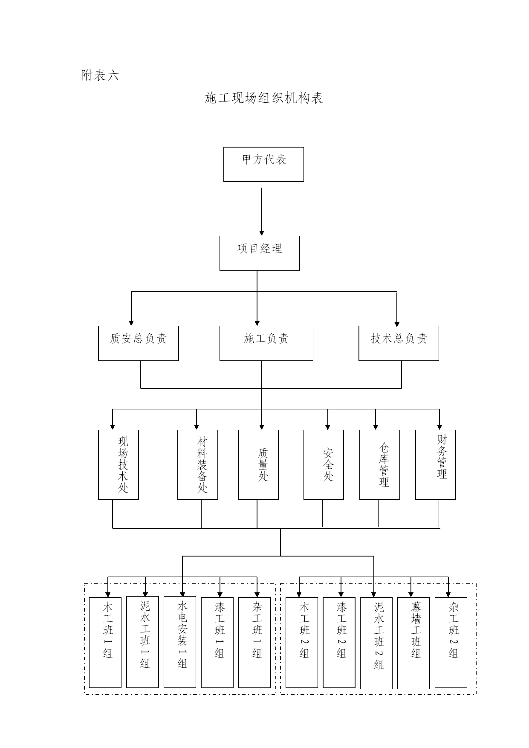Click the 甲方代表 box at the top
(x=263, y=164)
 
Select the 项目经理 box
(x=260, y=253)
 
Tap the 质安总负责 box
(x=139, y=343)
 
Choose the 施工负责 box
(x=266, y=343)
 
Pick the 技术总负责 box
(x=399, y=343)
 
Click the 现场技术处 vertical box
(x=119, y=464)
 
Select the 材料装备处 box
(x=198, y=464)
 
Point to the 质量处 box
(x=258, y=464)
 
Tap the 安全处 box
(x=324, y=464)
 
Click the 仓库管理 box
(x=380, y=464)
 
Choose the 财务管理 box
(x=436, y=464)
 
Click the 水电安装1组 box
(x=180, y=642)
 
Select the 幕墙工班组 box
(x=413, y=643)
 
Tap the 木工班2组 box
(x=302, y=642)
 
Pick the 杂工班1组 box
(x=254, y=642)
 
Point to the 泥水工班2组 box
(x=376, y=643)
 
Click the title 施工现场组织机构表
(x=264, y=98)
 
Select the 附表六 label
(x=100, y=75)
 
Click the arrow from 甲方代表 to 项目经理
(x=262, y=212)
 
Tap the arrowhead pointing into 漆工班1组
(x=220, y=594)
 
